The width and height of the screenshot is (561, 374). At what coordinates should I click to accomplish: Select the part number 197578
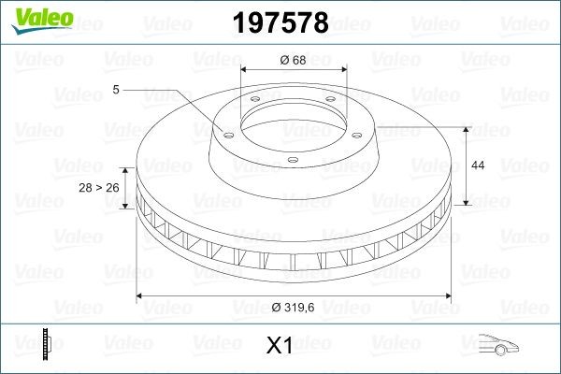tap(280, 23)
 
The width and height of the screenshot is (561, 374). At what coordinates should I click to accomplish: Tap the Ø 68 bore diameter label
tap(294, 61)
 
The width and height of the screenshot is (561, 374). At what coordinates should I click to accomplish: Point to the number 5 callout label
tap(115, 90)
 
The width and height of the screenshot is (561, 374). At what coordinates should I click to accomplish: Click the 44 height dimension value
tap(477, 165)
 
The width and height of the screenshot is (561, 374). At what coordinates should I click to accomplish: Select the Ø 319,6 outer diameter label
tap(294, 308)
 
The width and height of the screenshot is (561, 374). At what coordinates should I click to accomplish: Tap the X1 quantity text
tap(280, 346)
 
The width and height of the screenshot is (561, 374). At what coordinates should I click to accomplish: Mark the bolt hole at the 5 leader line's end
tap(225, 132)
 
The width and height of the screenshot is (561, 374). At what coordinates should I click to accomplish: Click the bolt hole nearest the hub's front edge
tap(292, 159)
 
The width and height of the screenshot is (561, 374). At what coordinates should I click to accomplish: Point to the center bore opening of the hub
tap(294, 120)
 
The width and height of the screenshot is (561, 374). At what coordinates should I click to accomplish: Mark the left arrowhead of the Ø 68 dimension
tap(244, 70)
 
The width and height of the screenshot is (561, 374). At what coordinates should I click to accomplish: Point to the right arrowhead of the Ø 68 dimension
tap(344, 70)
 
